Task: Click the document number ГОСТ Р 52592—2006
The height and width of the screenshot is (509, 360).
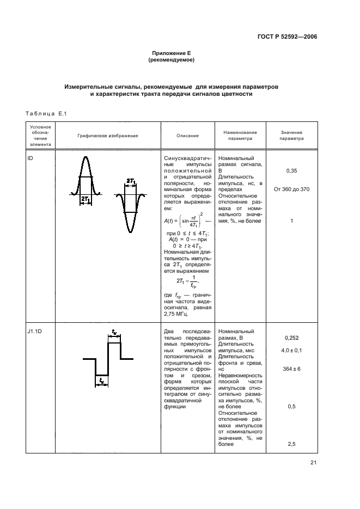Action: point(287,37)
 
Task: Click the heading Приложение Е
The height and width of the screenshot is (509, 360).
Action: point(171,53)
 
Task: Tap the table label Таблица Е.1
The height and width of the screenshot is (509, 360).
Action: point(46,113)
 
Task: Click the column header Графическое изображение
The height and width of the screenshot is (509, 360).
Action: point(107,136)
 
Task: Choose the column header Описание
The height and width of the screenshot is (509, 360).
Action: point(187,136)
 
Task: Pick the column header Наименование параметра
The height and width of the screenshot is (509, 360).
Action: point(240,136)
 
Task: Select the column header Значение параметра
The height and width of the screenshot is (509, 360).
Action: point(291,136)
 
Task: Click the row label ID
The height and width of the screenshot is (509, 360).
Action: point(30,158)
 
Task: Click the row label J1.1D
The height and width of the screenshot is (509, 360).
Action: point(34,331)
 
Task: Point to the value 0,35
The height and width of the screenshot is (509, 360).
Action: point(291,170)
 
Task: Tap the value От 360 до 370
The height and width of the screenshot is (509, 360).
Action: point(291,189)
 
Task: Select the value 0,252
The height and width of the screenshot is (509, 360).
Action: point(291,338)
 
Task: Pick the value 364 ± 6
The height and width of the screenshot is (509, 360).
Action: point(291,369)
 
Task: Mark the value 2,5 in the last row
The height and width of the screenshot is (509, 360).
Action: point(291,444)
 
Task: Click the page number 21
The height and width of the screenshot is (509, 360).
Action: point(313,463)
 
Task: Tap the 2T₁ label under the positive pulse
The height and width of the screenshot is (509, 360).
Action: point(85,200)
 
